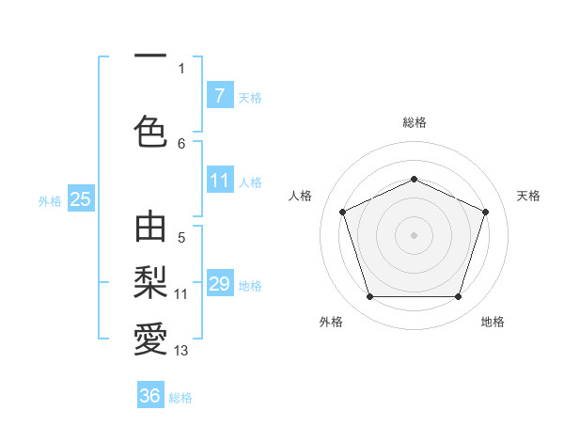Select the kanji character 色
click(150, 131)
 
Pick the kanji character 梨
click(150, 281)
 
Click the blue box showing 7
click(219, 96)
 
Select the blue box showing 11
click(219, 181)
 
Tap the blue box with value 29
click(219, 284)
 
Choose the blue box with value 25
click(80, 198)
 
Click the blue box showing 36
click(149, 396)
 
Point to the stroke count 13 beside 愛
click(181, 351)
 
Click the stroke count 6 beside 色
click(181, 143)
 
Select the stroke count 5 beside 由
click(181, 238)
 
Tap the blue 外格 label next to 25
click(50, 200)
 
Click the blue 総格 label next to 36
click(180, 398)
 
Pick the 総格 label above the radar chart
click(414, 122)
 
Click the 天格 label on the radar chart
click(528, 196)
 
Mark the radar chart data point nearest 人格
click(342, 212)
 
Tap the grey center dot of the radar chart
click(414, 234)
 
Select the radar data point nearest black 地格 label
click(458, 297)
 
